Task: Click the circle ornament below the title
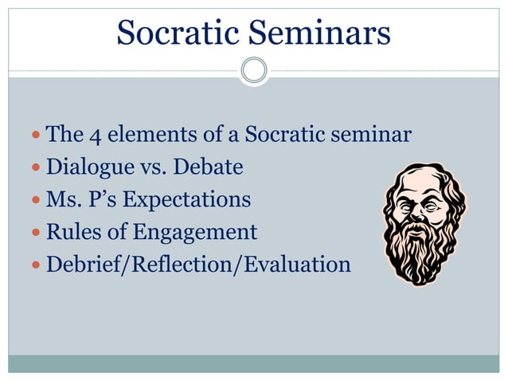(254, 70)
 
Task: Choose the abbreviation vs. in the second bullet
(145, 168)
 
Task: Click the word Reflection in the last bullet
(178, 264)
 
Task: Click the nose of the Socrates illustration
(417, 209)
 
